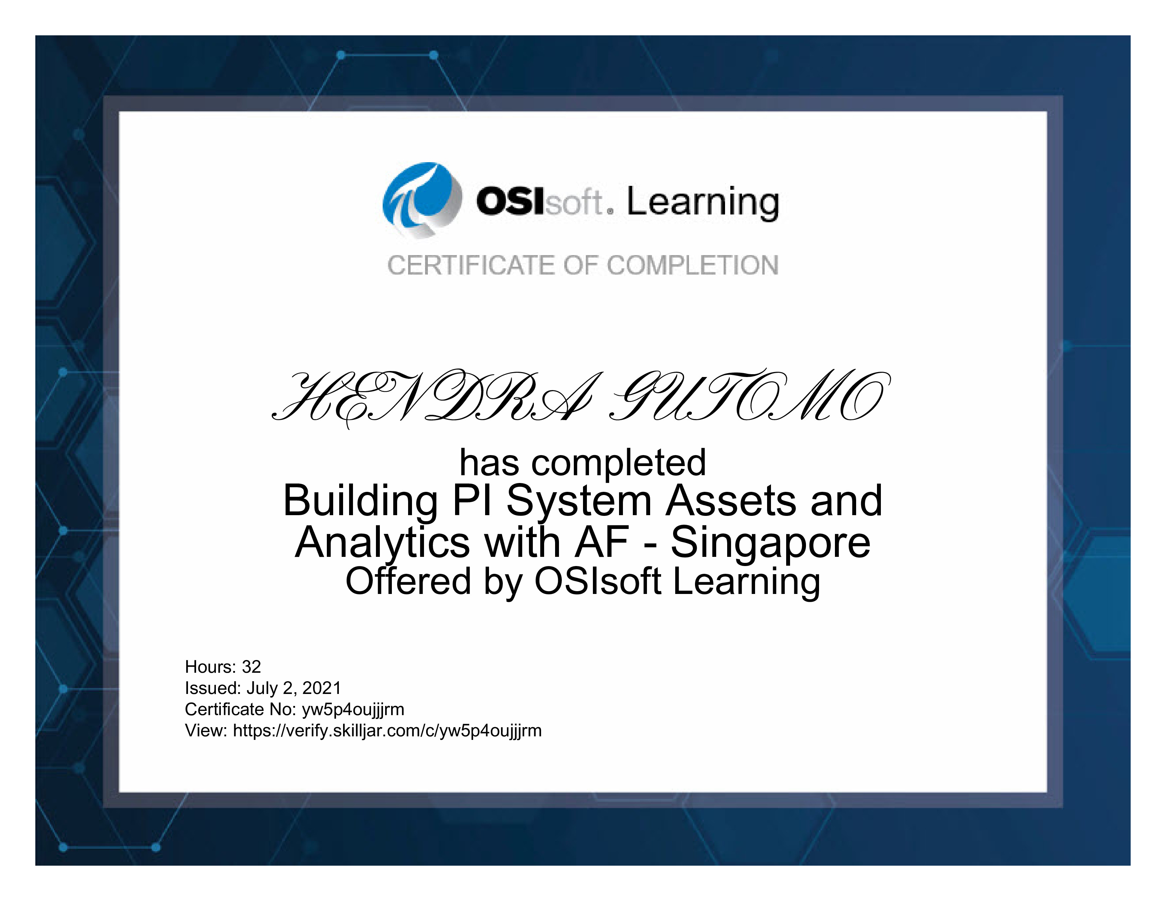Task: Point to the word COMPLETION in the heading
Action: coord(693,265)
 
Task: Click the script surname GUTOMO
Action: coord(750,396)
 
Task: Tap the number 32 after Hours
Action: coord(252,667)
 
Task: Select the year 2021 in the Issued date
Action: coord(322,688)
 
